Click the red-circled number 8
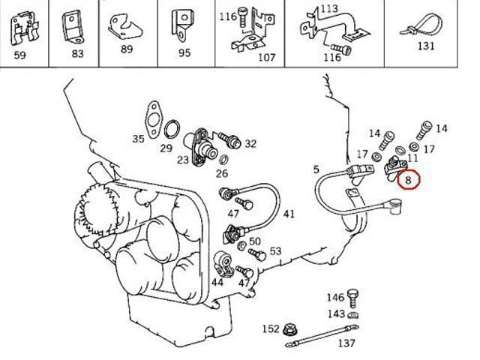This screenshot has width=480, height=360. tap(409, 180)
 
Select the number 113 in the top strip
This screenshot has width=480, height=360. tap(328, 8)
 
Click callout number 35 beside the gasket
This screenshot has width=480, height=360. tap(137, 139)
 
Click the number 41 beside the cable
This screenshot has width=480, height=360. tap(289, 214)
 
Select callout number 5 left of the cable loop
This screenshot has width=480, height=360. tap(316, 169)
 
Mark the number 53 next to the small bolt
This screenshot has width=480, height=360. tap(275, 251)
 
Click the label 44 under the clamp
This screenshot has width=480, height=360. tap(217, 282)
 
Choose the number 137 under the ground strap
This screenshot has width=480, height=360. tap(345, 344)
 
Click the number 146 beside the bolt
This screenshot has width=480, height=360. tap(334, 298)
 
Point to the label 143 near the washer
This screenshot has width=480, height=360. tap(336, 313)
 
